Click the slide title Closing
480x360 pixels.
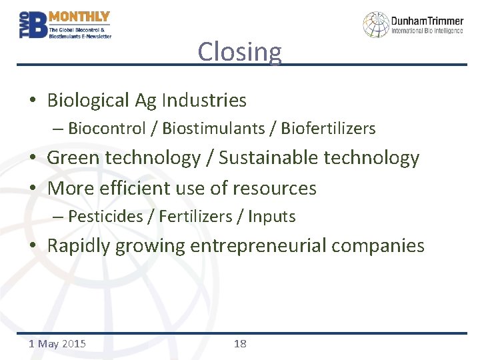click(239, 52)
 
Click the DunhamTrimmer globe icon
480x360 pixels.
click(376, 25)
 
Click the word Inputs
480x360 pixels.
click(271, 217)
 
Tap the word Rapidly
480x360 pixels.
click(79, 246)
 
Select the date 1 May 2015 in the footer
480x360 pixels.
click(57, 344)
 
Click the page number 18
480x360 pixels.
click(240, 344)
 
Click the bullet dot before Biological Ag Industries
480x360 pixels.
click(33, 101)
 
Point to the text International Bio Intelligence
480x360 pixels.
click(427, 31)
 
